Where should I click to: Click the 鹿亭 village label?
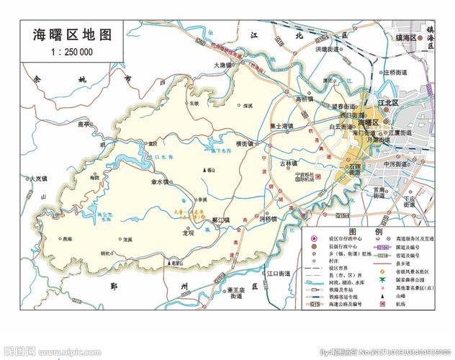coord(86,125)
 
